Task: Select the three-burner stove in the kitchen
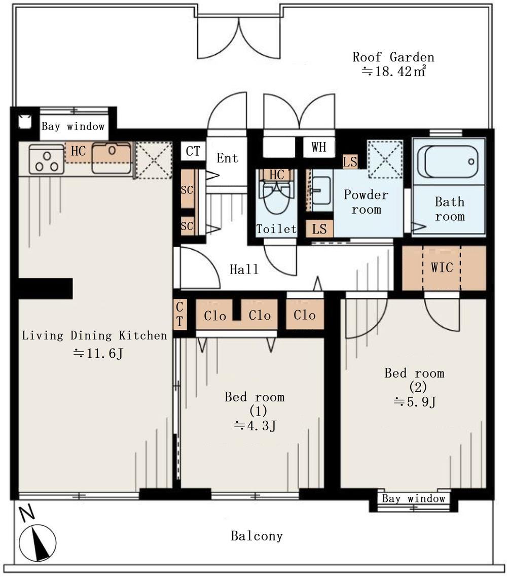[47, 159]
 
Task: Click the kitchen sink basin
[112, 158]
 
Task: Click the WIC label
[442, 267]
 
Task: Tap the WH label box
[319, 147]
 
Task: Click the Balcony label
[257, 535]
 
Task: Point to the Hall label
[244, 269]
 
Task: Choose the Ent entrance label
[227, 158]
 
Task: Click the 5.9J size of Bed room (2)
[415, 401]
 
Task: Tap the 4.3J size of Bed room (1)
[255, 426]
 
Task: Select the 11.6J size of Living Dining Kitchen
[97, 354]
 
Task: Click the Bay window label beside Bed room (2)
[414, 499]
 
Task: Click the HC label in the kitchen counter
[78, 151]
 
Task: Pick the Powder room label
[366, 202]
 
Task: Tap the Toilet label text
[276, 229]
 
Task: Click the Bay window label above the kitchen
[73, 127]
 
